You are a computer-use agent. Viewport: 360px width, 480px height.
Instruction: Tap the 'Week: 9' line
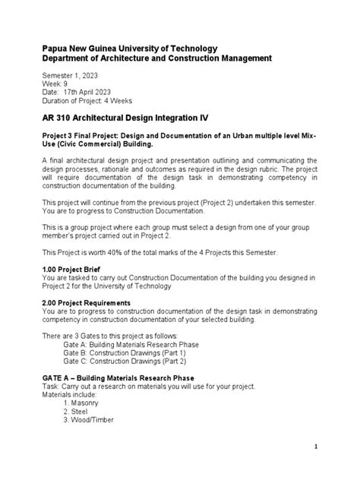(x=55, y=86)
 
